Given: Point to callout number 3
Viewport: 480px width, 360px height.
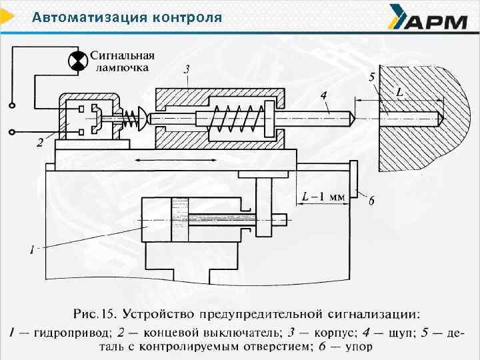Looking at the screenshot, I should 187,69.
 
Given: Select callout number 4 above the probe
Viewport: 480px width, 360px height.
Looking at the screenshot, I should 323,96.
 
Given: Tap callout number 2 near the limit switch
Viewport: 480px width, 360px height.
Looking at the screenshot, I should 41,142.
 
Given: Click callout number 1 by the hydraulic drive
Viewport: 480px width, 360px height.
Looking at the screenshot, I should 31,250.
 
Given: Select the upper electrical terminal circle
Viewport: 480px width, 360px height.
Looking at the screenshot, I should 11,105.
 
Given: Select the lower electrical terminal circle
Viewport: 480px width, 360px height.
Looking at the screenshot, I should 11,131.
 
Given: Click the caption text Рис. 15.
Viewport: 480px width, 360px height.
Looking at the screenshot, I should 94,313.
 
